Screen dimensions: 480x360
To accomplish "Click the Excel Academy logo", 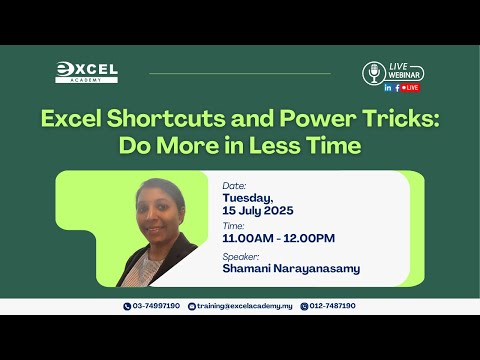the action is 86,72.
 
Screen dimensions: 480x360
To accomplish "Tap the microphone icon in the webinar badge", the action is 374,73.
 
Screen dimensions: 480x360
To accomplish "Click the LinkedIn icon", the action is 388,88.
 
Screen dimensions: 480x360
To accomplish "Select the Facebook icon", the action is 397,88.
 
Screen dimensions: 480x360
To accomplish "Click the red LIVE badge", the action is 410,88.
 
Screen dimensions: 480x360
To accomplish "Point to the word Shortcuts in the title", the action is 166,119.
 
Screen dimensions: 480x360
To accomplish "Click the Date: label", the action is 234,186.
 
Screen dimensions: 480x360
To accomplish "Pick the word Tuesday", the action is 248,198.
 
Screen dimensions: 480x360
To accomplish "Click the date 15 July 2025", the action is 258,211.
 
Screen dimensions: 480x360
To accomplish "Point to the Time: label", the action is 233,226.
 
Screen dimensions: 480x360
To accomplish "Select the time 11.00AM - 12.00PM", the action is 279,238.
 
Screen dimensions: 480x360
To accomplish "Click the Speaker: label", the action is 241,257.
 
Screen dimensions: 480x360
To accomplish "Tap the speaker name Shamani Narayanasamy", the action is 291,269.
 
